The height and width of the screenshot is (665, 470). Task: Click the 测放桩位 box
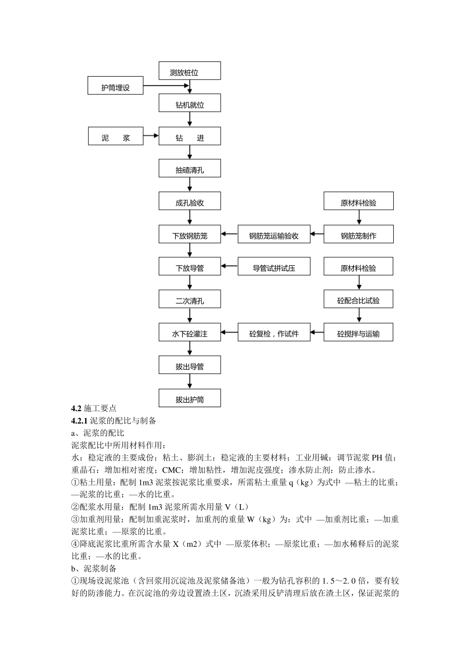[x=189, y=71]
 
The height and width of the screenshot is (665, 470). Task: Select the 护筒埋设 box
[x=115, y=86]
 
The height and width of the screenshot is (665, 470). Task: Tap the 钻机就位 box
[x=189, y=103]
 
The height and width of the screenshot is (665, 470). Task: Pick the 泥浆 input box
[x=115, y=136]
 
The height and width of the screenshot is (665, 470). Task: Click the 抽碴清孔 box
[x=189, y=169]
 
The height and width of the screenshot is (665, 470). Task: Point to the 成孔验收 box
[x=189, y=201]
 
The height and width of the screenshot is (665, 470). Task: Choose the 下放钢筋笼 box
[x=189, y=234]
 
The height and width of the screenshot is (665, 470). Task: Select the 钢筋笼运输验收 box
[x=274, y=235]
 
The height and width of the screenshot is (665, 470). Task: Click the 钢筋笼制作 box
[x=358, y=235]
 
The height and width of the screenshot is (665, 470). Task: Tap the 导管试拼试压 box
[x=274, y=267]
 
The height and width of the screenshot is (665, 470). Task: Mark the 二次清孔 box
[x=189, y=299]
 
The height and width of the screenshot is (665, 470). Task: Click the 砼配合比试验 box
[x=358, y=299]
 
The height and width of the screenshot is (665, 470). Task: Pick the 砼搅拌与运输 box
[x=358, y=332]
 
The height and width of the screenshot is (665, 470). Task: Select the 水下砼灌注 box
[x=189, y=332]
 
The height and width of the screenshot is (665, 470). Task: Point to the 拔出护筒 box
[x=189, y=398]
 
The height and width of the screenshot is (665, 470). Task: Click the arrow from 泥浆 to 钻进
[x=151, y=136]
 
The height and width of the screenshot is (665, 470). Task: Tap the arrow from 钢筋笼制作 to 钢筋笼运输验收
[x=317, y=235]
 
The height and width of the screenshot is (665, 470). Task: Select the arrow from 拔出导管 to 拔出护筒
[x=190, y=381]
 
